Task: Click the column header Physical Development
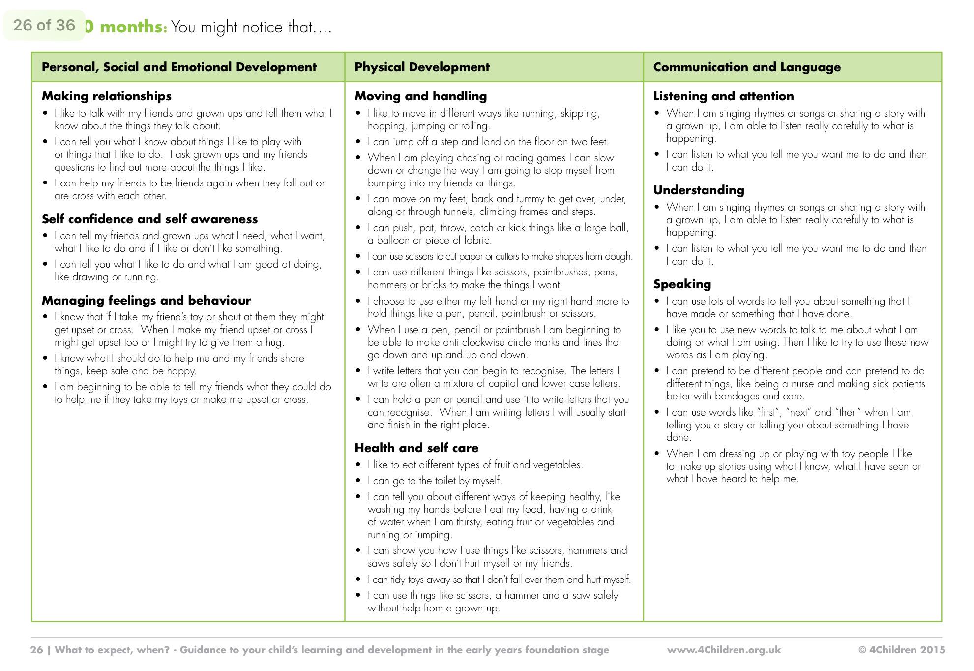tap(422, 67)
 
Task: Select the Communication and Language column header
tap(746, 67)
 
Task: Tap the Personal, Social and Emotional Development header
tap(179, 67)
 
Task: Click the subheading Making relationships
tap(106, 96)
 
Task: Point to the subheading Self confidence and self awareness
tap(149, 219)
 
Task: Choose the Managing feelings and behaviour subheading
tap(146, 300)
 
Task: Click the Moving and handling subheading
tap(420, 96)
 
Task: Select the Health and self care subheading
tap(416, 448)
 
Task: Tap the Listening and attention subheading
tap(723, 96)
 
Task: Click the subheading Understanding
tap(698, 190)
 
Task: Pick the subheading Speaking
tap(681, 284)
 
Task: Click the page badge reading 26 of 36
tap(44, 25)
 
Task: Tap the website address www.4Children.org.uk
tap(724, 650)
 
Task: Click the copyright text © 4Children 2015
tap(902, 650)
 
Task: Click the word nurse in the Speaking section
tap(803, 384)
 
